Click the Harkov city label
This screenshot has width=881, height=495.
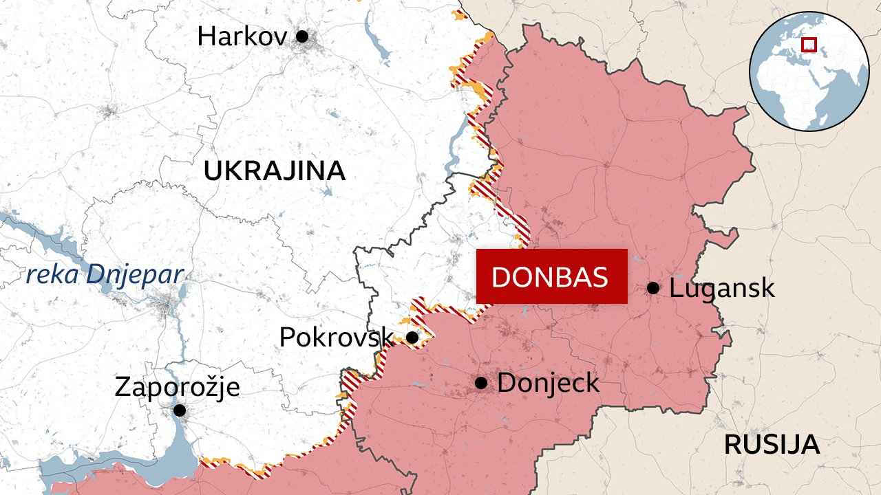242,36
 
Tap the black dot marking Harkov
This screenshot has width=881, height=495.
301,36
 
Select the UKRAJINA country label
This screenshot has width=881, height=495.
274,171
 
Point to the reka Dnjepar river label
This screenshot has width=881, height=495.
105,274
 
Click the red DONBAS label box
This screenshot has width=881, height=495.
551,276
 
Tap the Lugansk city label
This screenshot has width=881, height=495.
721,288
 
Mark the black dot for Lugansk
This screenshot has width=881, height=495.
652,288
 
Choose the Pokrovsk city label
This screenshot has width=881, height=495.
336,337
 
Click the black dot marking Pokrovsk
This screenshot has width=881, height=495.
412,337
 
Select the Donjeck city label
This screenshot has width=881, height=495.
548,382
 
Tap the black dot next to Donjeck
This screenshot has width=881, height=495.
481,382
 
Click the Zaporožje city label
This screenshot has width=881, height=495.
177,386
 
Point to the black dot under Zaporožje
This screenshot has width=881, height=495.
180,410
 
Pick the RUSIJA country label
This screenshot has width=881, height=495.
772,445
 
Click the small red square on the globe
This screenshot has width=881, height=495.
809,45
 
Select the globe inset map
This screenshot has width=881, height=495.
809,71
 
